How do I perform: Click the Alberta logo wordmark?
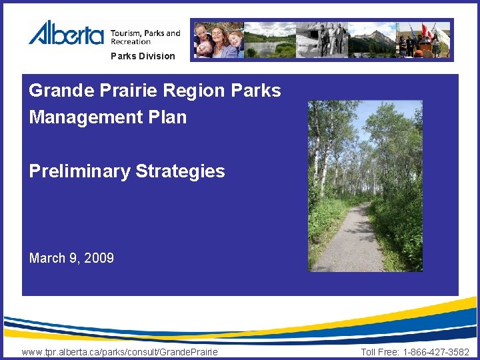tap(66, 33)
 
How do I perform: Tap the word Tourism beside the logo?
tap(125, 33)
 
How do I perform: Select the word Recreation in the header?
tap(131, 42)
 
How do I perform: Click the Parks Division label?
tap(143, 57)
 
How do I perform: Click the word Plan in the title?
tap(167, 118)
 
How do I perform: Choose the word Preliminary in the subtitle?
tap(79, 171)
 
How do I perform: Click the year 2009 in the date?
tap(99, 258)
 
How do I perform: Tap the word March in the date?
tap(47, 258)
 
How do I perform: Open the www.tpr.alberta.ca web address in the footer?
tap(119, 351)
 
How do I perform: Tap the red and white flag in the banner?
tap(427, 31)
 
